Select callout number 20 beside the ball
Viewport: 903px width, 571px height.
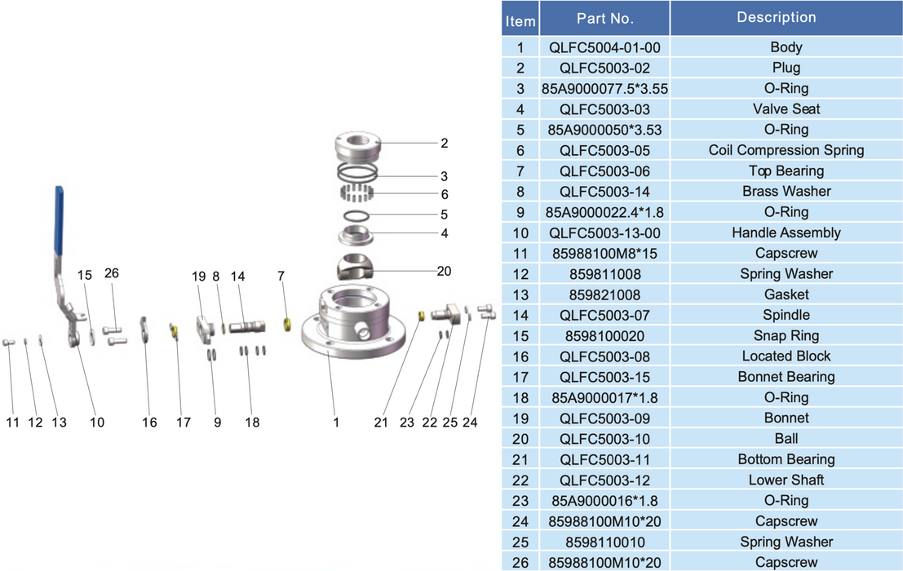(444, 271)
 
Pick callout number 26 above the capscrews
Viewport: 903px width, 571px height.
(111, 273)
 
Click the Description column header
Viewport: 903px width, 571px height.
(776, 17)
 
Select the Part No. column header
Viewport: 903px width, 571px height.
(604, 18)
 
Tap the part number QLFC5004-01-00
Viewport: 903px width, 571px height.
(604, 47)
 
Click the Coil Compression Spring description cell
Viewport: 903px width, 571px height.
(786, 150)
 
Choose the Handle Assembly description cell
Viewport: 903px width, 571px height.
(786, 232)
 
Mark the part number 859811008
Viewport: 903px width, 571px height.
(604, 274)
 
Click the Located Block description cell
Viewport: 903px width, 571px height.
(786, 356)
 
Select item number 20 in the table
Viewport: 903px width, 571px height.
(520, 439)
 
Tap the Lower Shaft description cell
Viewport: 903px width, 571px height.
(786, 480)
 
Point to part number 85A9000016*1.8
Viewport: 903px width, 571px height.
(604, 501)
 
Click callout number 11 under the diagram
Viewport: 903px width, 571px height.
(12, 423)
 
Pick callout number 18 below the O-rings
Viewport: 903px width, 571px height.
(252, 423)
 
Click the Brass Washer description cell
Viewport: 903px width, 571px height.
(786, 191)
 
